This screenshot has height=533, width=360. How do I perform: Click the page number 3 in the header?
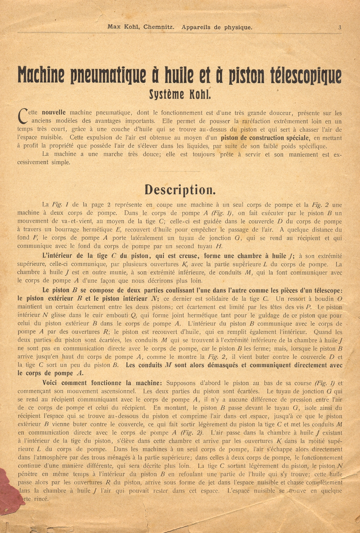click(x=340, y=28)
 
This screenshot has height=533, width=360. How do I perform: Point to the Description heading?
click(x=180, y=190)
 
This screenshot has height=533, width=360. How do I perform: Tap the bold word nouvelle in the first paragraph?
click(x=54, y=113)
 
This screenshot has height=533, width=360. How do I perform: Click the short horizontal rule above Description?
click(x=180, y=171)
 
